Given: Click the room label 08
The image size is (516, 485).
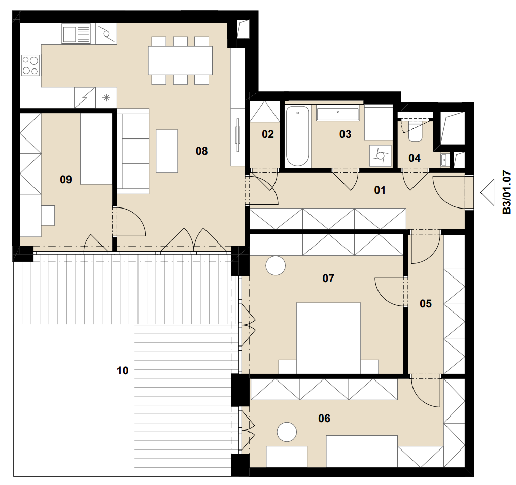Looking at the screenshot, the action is point(201,151).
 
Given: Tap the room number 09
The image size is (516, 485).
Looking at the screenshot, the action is point(66,179).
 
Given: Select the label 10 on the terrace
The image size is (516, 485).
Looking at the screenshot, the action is point(122,371).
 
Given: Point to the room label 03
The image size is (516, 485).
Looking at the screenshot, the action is point(345,134).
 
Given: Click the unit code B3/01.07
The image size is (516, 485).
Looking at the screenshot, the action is point(507,192).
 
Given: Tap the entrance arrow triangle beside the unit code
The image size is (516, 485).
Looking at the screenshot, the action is point(488,192).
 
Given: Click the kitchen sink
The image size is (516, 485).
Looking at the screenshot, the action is point(76,34).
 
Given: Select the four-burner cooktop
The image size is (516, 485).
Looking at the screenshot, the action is point(30,65).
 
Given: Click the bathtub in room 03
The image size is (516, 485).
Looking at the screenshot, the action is point(297,136).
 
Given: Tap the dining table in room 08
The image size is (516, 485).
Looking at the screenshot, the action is point(180,60).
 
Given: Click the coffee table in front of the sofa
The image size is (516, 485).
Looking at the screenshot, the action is point(167,151).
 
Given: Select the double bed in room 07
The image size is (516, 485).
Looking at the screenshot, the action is point(328,338).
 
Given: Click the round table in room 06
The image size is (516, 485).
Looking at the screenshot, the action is point(287,432).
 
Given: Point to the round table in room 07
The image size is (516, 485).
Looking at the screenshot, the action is point(276,265).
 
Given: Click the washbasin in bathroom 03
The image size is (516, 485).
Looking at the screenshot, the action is point(337,114).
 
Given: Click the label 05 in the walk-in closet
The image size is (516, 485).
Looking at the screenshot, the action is point(426,304).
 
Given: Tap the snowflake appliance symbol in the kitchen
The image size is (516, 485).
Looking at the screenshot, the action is point(106,98).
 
